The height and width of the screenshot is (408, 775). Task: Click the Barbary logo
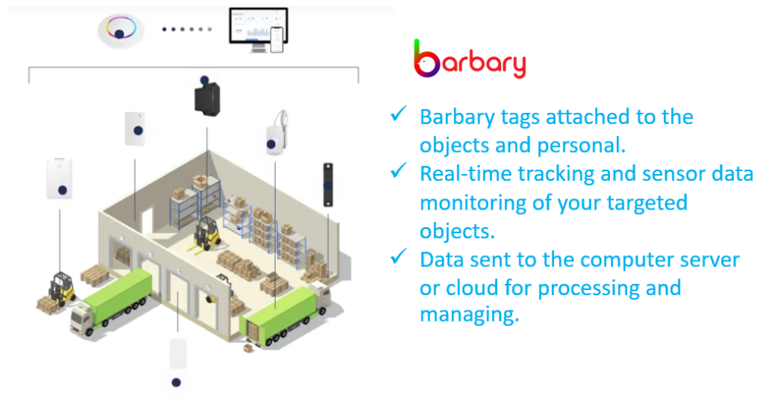tap(469, 60)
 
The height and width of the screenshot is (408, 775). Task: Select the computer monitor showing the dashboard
tap(258, 29)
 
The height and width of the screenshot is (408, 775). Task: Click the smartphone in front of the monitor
tap(277, 39)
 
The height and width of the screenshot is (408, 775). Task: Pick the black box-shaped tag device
tap(207, 98)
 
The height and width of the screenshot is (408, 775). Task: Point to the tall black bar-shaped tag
tap(328, 185)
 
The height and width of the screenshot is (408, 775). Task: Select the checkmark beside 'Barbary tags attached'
tap(398, 114)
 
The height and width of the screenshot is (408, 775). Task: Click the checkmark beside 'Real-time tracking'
tap(398, 170)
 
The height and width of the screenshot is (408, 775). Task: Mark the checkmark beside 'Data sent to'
tap(398, 257)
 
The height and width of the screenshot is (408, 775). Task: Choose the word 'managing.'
tap(469, 315)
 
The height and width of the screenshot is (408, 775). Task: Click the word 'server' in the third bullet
tap(710, 260)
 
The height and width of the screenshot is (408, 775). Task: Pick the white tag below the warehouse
tap(177, 353)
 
